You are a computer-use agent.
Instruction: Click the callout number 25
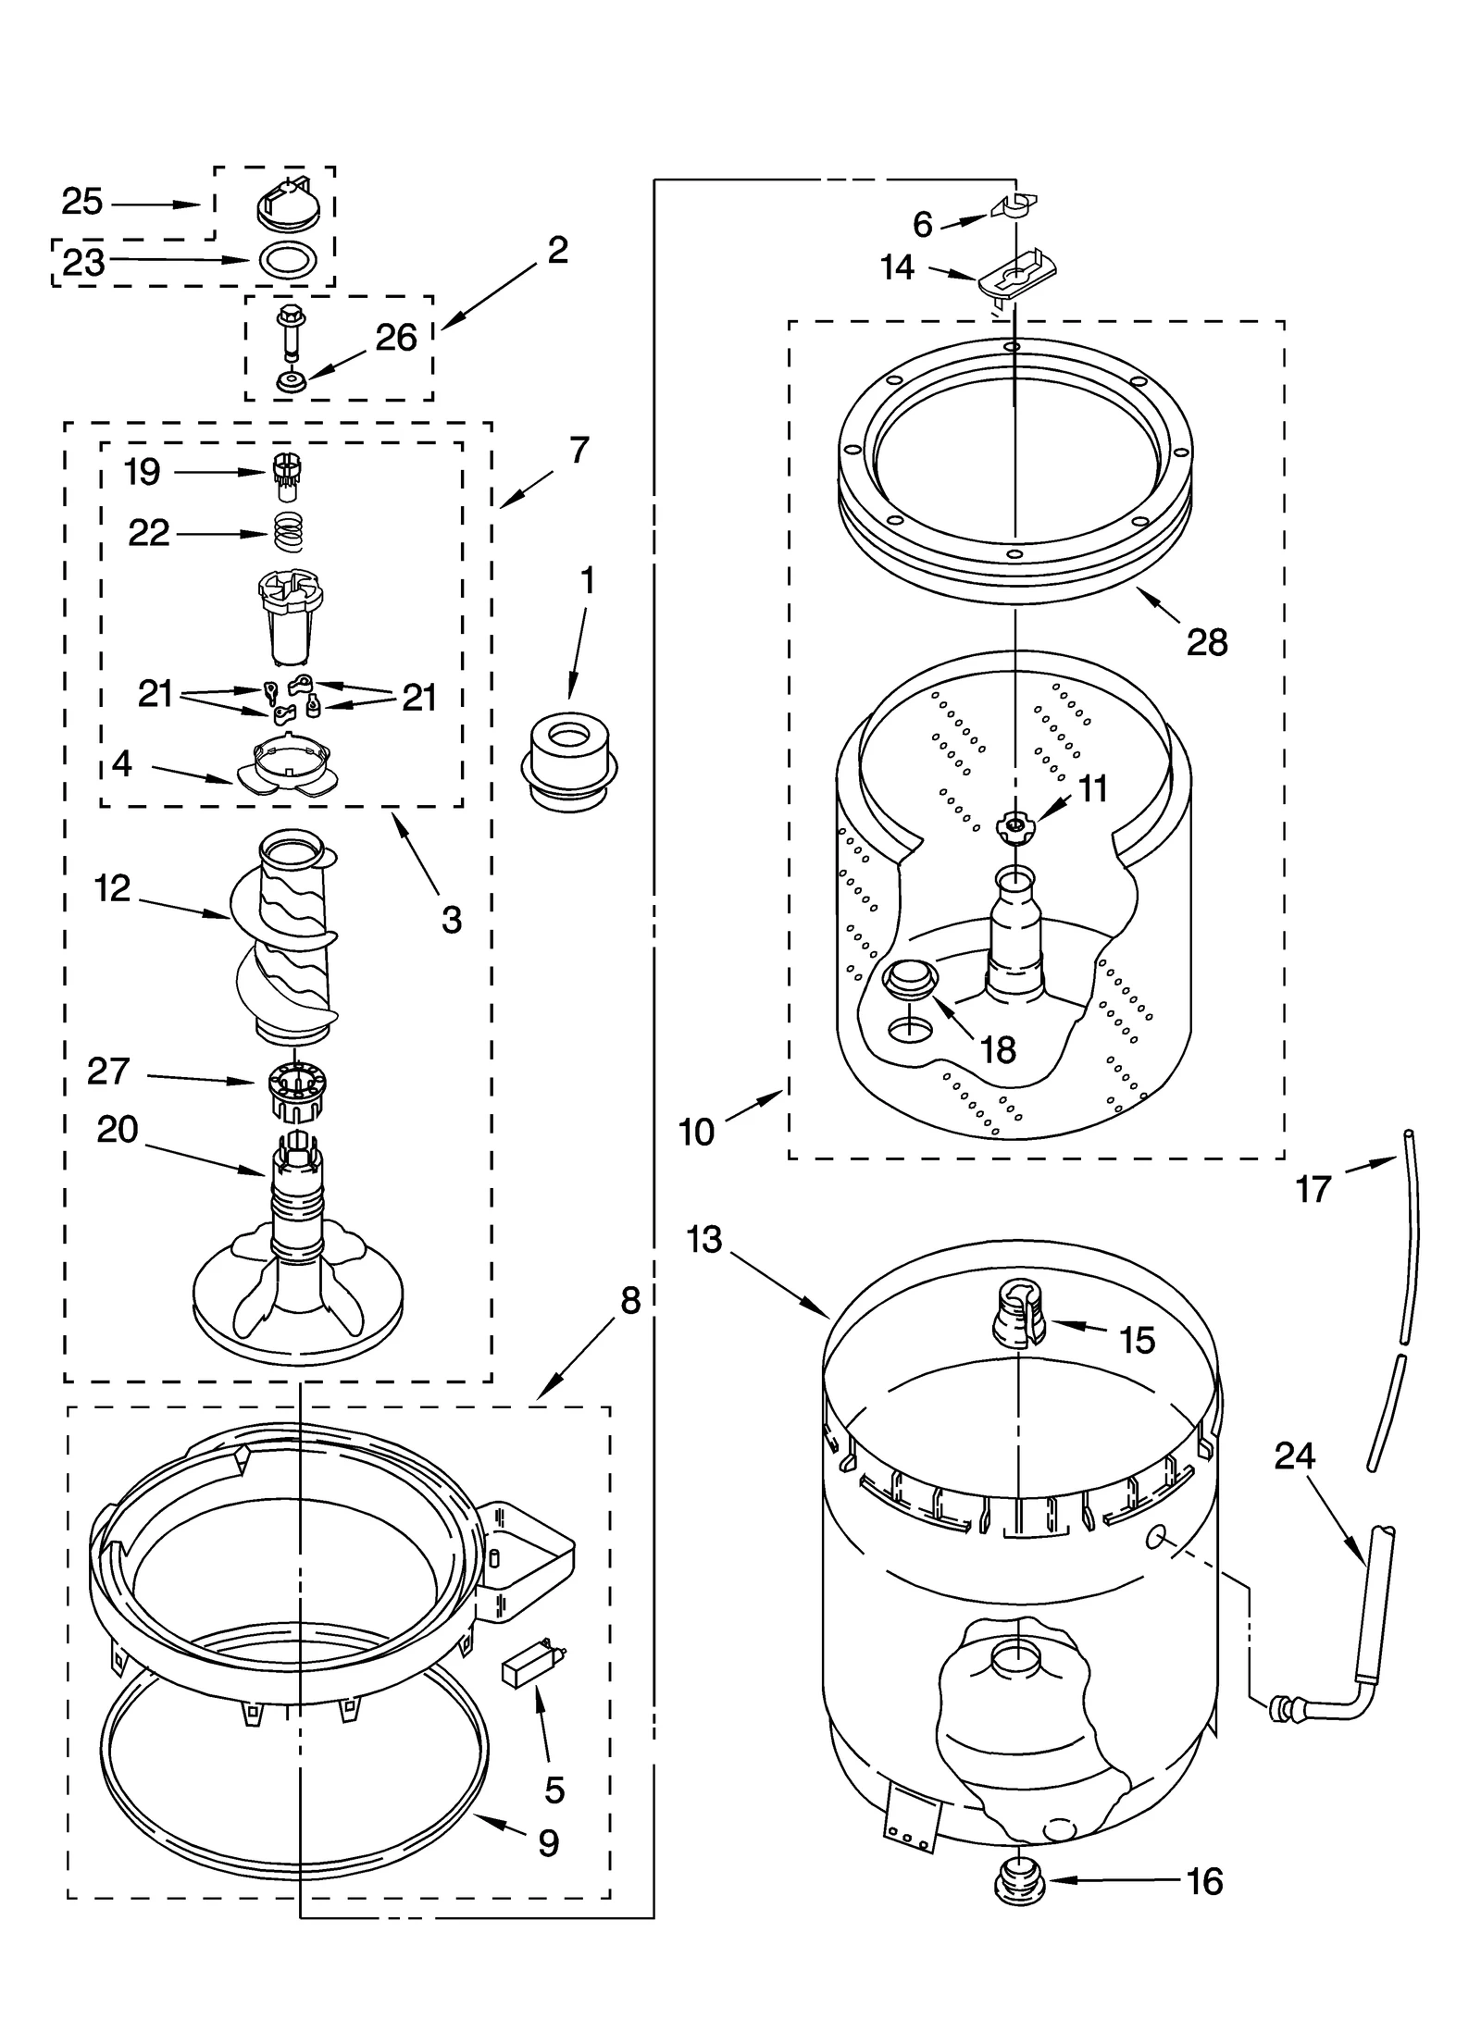tap(82, 202)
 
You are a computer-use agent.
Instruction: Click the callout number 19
tap(143, 472)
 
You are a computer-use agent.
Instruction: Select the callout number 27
tap(108, 1072)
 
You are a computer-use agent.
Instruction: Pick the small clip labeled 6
tap(1015, 204)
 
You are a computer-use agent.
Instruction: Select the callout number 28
tap(1206, 641)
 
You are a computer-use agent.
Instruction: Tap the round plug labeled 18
tap(911, 979)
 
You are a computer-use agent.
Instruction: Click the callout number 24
tap(1294, 1456)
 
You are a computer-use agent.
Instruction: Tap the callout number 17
tap(1312, 1189)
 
